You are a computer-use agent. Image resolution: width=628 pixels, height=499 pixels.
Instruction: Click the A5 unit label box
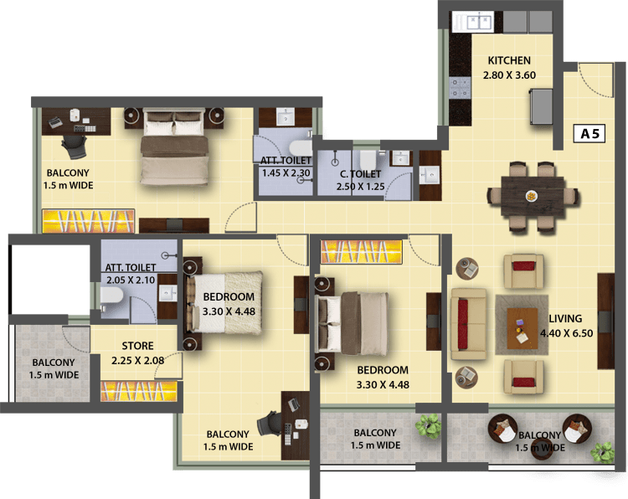pyautogui.click(x=589, y=133)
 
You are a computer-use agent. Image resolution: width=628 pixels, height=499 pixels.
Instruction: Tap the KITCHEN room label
pyautogui.click(x=509, y=60)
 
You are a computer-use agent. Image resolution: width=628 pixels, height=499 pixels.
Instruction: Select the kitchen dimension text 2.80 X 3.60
pyautogui.click(x=509, y=75)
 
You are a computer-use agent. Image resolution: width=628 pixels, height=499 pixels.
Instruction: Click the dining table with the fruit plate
pyautogui.click(x=533, y=197)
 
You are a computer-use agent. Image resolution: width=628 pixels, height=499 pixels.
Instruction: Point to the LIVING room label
pyautogui.click(x=565, y=318)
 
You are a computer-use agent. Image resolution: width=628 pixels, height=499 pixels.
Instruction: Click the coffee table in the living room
pyautogui.click(x=522, y=328)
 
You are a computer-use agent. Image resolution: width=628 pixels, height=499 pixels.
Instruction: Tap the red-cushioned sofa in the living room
pyautogui.click(x=469, y=323)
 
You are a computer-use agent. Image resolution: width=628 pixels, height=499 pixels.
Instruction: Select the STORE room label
pyautogui.click(x=137, y=346)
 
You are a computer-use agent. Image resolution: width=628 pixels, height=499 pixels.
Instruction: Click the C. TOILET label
pyautogui.click(x=360, y=174)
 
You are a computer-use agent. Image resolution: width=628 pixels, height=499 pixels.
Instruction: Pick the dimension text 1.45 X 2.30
pyautogui.click(x=286, y=173)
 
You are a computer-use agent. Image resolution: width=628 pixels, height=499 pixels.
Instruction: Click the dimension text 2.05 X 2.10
pyautogui.click(x=131, y=280)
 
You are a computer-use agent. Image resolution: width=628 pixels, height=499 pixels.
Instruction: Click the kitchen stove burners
pyautogui.click(x=460, y=88)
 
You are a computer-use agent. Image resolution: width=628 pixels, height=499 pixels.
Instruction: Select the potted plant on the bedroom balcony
pyautogui.click(x=428, y=425)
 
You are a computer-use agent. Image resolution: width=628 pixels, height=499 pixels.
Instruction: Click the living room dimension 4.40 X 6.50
pyautogui.click(x=566, y=333)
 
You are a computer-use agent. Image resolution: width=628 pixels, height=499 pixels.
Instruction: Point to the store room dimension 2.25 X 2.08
pyautogui.click(x=137, y=360)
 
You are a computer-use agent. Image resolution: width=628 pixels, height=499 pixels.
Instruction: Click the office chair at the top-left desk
pyautogui.click(x=75, y=147)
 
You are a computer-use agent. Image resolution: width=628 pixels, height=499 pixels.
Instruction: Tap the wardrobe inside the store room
pyautogui.click(x=138, y=391)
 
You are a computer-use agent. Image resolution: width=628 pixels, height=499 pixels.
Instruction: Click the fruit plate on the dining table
pyautogui.click(x=532, y=196)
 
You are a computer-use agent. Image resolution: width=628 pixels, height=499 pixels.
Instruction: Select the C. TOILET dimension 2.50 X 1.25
pyautogui.click(x=360, y=187)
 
